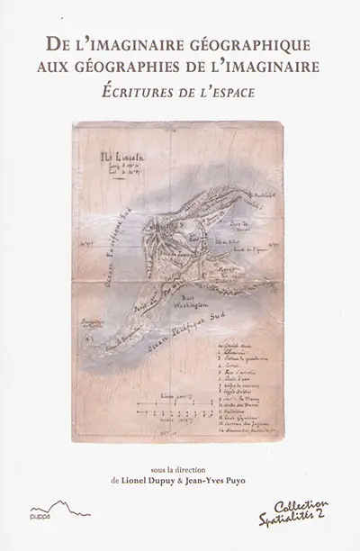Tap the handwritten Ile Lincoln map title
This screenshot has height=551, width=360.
120,157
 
